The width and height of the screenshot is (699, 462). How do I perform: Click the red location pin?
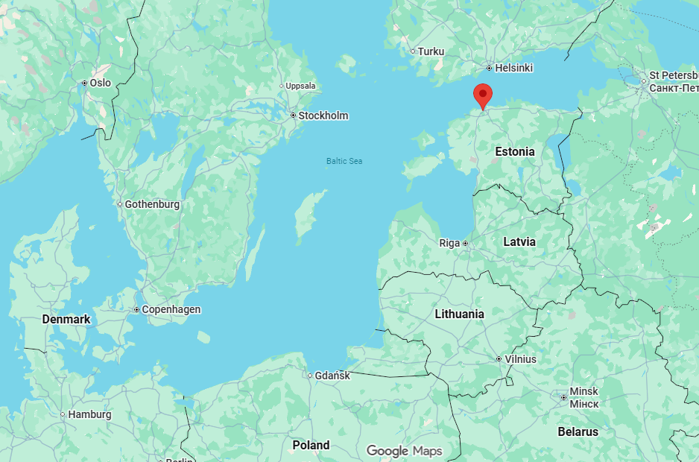point(484,95)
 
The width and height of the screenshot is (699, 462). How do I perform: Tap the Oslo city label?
point(100,83)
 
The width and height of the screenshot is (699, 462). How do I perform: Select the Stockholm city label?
point(323,115)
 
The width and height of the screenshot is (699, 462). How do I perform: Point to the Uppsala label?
point(300,86)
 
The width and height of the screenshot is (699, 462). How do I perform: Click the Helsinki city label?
point(514,68)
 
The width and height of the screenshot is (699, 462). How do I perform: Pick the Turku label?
point(431,51)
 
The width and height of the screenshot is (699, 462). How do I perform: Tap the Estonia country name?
point(515,151)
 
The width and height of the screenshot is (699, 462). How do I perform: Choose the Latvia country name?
point(519,242)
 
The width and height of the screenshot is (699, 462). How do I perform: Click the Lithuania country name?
point(459,314)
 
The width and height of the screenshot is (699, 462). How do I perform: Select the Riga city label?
point(449,244)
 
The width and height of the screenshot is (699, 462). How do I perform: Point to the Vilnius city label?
point(520,359)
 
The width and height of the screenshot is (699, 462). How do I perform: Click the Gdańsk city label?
point(332,376)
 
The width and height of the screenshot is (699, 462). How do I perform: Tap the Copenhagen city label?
point(171,309)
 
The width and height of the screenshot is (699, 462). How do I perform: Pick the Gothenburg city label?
point(152,204)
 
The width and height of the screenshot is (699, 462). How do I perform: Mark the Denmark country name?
point(66,319)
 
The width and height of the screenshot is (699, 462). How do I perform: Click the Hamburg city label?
point(89,414)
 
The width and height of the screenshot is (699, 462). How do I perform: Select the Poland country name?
point(311,445)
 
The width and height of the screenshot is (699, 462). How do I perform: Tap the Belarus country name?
point(578,431)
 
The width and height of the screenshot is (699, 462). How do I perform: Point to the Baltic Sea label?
point(344,161)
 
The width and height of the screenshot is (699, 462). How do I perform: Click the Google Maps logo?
point(404,451)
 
